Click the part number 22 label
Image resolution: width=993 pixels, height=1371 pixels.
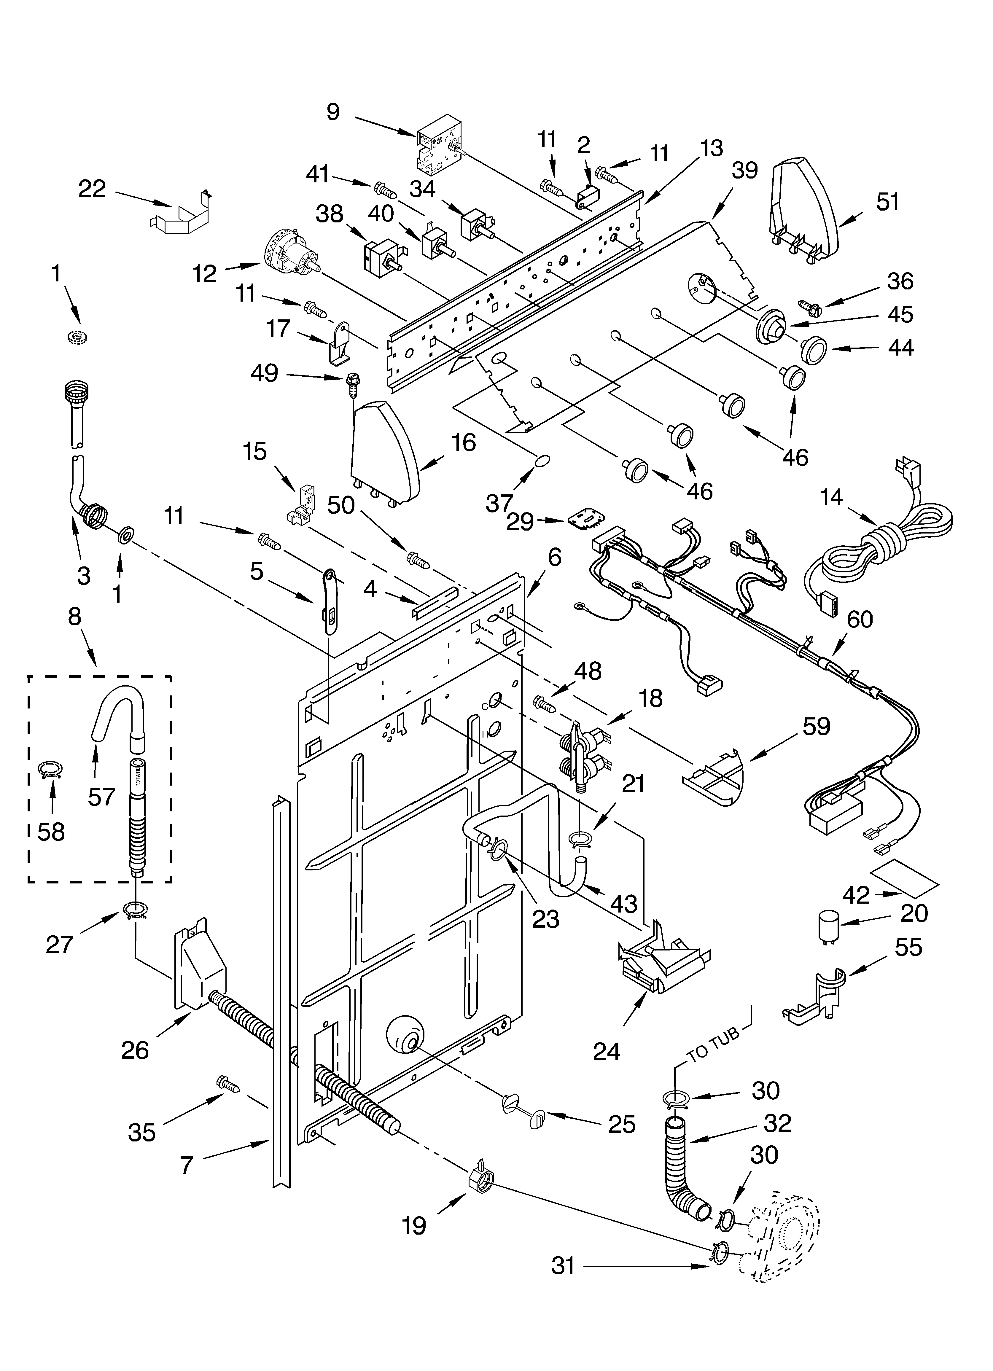92,190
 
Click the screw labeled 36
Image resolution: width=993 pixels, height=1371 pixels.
809,307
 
